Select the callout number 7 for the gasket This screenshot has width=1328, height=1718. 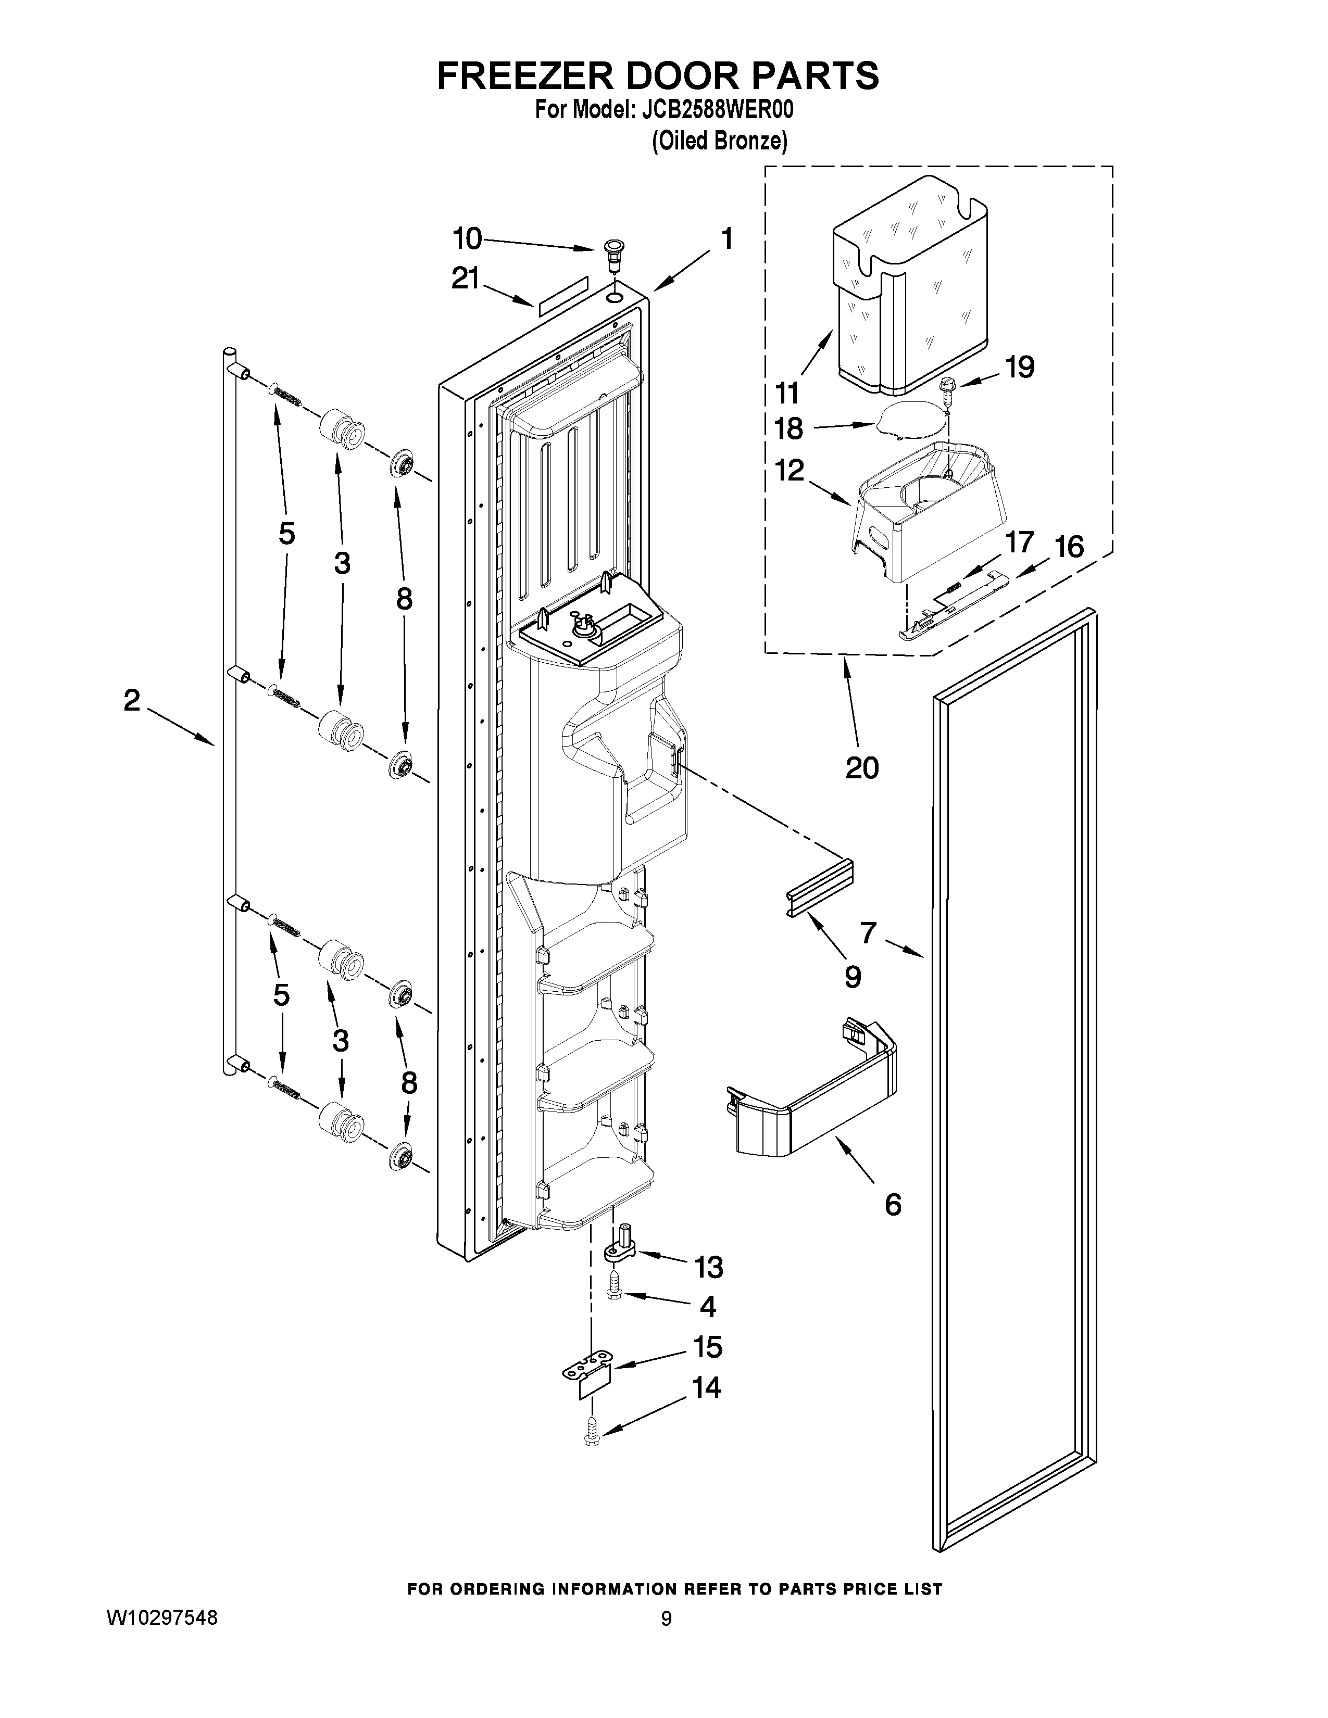click(x=868, y=933)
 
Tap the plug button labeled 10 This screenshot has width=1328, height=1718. click(x=611, y=254)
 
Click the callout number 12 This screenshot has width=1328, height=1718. click(x=789, y=471)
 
